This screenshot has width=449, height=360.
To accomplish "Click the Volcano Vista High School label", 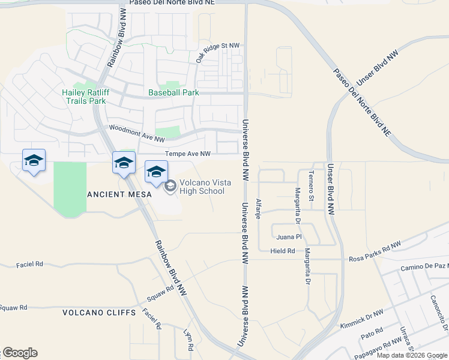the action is point(200,187).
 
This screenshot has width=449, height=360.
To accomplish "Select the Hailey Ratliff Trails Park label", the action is point(84,97).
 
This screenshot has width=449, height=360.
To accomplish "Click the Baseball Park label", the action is point(173,93).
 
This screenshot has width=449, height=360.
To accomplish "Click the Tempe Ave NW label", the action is point(187,154).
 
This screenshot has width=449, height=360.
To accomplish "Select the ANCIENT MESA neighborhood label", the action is point(116,194).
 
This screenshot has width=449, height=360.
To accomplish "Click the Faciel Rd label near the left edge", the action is point(30,263).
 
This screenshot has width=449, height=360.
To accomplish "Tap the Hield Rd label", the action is point(283,251).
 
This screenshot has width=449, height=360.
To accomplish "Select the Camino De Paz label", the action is point(424,265).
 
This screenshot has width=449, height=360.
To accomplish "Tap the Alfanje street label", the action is point(259,209).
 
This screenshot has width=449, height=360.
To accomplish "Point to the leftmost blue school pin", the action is point(34,161).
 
